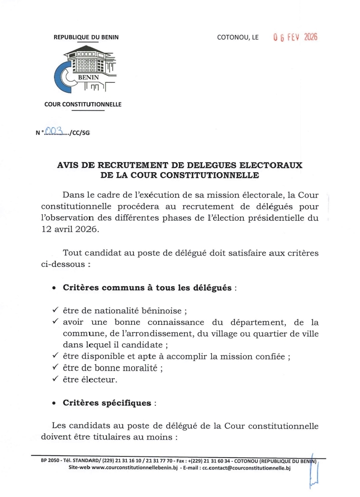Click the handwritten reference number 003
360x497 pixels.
pyautogui.click(x=53, y=131)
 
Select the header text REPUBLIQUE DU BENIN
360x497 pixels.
pyautogui.click(x=86, y=38)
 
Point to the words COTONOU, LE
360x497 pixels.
pyautogui.click(x=238, y=38)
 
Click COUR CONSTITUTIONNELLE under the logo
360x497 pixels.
pyautogui.click(x=83, y=105)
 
